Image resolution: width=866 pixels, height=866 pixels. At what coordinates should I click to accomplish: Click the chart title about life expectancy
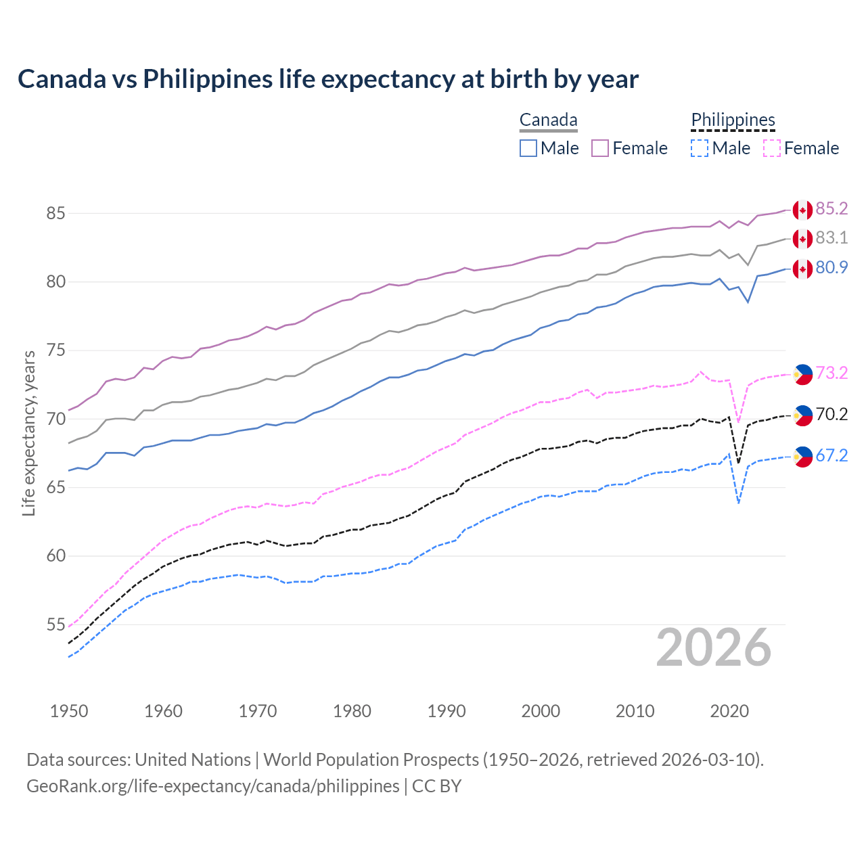click(x=328, y=79)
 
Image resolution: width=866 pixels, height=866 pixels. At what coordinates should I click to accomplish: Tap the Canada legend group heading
click(x=548, y=120)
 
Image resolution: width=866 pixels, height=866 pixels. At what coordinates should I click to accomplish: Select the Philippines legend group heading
click(x=733, y=120)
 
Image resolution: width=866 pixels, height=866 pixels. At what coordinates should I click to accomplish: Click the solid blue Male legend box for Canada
click(x=528, y=148)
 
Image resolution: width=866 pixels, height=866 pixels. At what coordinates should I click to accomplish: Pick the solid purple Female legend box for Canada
click(x=600, y=148)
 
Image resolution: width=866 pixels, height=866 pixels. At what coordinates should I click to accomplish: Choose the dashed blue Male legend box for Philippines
click(x=700, y=148)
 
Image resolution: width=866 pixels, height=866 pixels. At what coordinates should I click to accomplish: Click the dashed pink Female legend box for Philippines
click(x=771, y=148)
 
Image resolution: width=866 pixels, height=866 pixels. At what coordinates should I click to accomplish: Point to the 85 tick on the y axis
click(x=55, y=213)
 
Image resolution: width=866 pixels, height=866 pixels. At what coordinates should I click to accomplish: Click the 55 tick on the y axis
click(x=55, y=624)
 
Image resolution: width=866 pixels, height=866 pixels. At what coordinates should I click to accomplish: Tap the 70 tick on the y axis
click(x=55, y=419)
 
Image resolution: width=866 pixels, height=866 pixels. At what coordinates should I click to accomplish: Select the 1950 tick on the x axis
click(x=69, y=711)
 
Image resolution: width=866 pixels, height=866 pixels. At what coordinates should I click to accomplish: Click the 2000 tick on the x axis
click(x=541, y=711)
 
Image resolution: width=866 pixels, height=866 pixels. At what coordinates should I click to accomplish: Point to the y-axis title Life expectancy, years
click(x=29, y=433)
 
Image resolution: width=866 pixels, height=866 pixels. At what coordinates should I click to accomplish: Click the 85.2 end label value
click(x=831, y=209)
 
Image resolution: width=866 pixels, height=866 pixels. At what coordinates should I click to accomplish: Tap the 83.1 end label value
click(x=831, y=238)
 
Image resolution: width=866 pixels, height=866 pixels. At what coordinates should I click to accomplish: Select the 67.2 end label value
click(x=831, y=456)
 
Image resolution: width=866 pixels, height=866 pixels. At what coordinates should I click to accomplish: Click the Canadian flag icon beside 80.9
click(x=802, y=269)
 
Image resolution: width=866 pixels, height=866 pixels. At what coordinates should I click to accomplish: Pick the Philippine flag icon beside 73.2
click(x=802, y=374)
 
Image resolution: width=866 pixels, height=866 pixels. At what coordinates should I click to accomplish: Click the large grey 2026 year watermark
click(x=714, y=647)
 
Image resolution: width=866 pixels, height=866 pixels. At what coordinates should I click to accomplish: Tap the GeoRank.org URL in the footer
click(x=213, y=786)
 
